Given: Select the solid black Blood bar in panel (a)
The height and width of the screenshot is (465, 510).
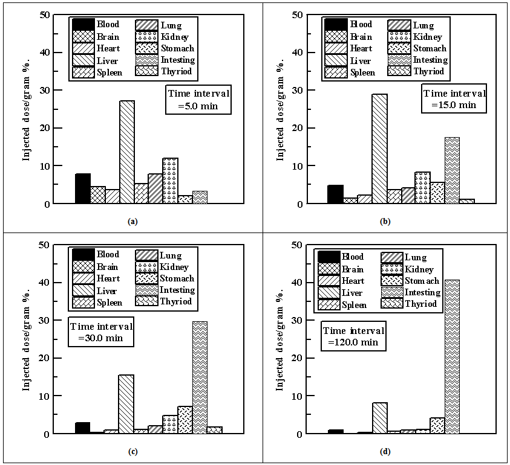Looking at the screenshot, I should [83, 188].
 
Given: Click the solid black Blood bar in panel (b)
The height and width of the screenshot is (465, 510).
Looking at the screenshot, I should [335, 194].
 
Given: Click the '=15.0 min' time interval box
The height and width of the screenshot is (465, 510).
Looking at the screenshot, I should [454, 99].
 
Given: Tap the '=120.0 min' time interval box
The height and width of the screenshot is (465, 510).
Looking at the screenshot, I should [353, 336].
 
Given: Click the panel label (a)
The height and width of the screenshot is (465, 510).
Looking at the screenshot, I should [132, 222].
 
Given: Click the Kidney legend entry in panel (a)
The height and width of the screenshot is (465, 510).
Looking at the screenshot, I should [166, 37].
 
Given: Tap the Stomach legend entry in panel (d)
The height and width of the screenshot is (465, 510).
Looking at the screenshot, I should [411, 281].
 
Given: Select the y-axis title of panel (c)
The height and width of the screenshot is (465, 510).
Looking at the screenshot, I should [27, 338].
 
